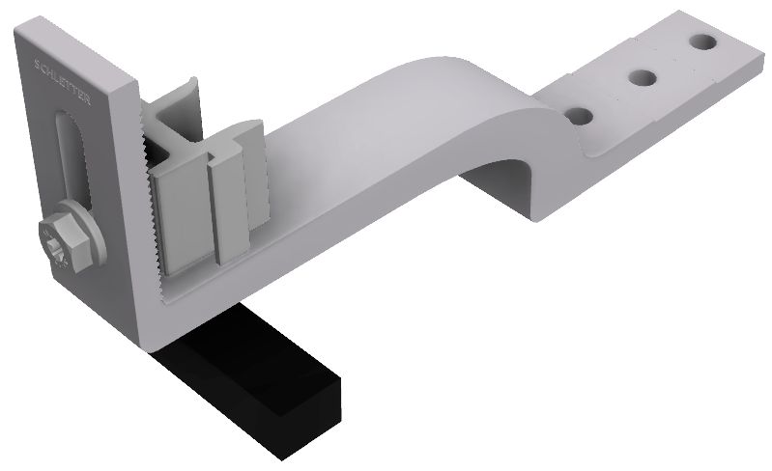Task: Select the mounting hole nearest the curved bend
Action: pos(580,115)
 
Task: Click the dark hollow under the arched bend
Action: pos(502,179)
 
